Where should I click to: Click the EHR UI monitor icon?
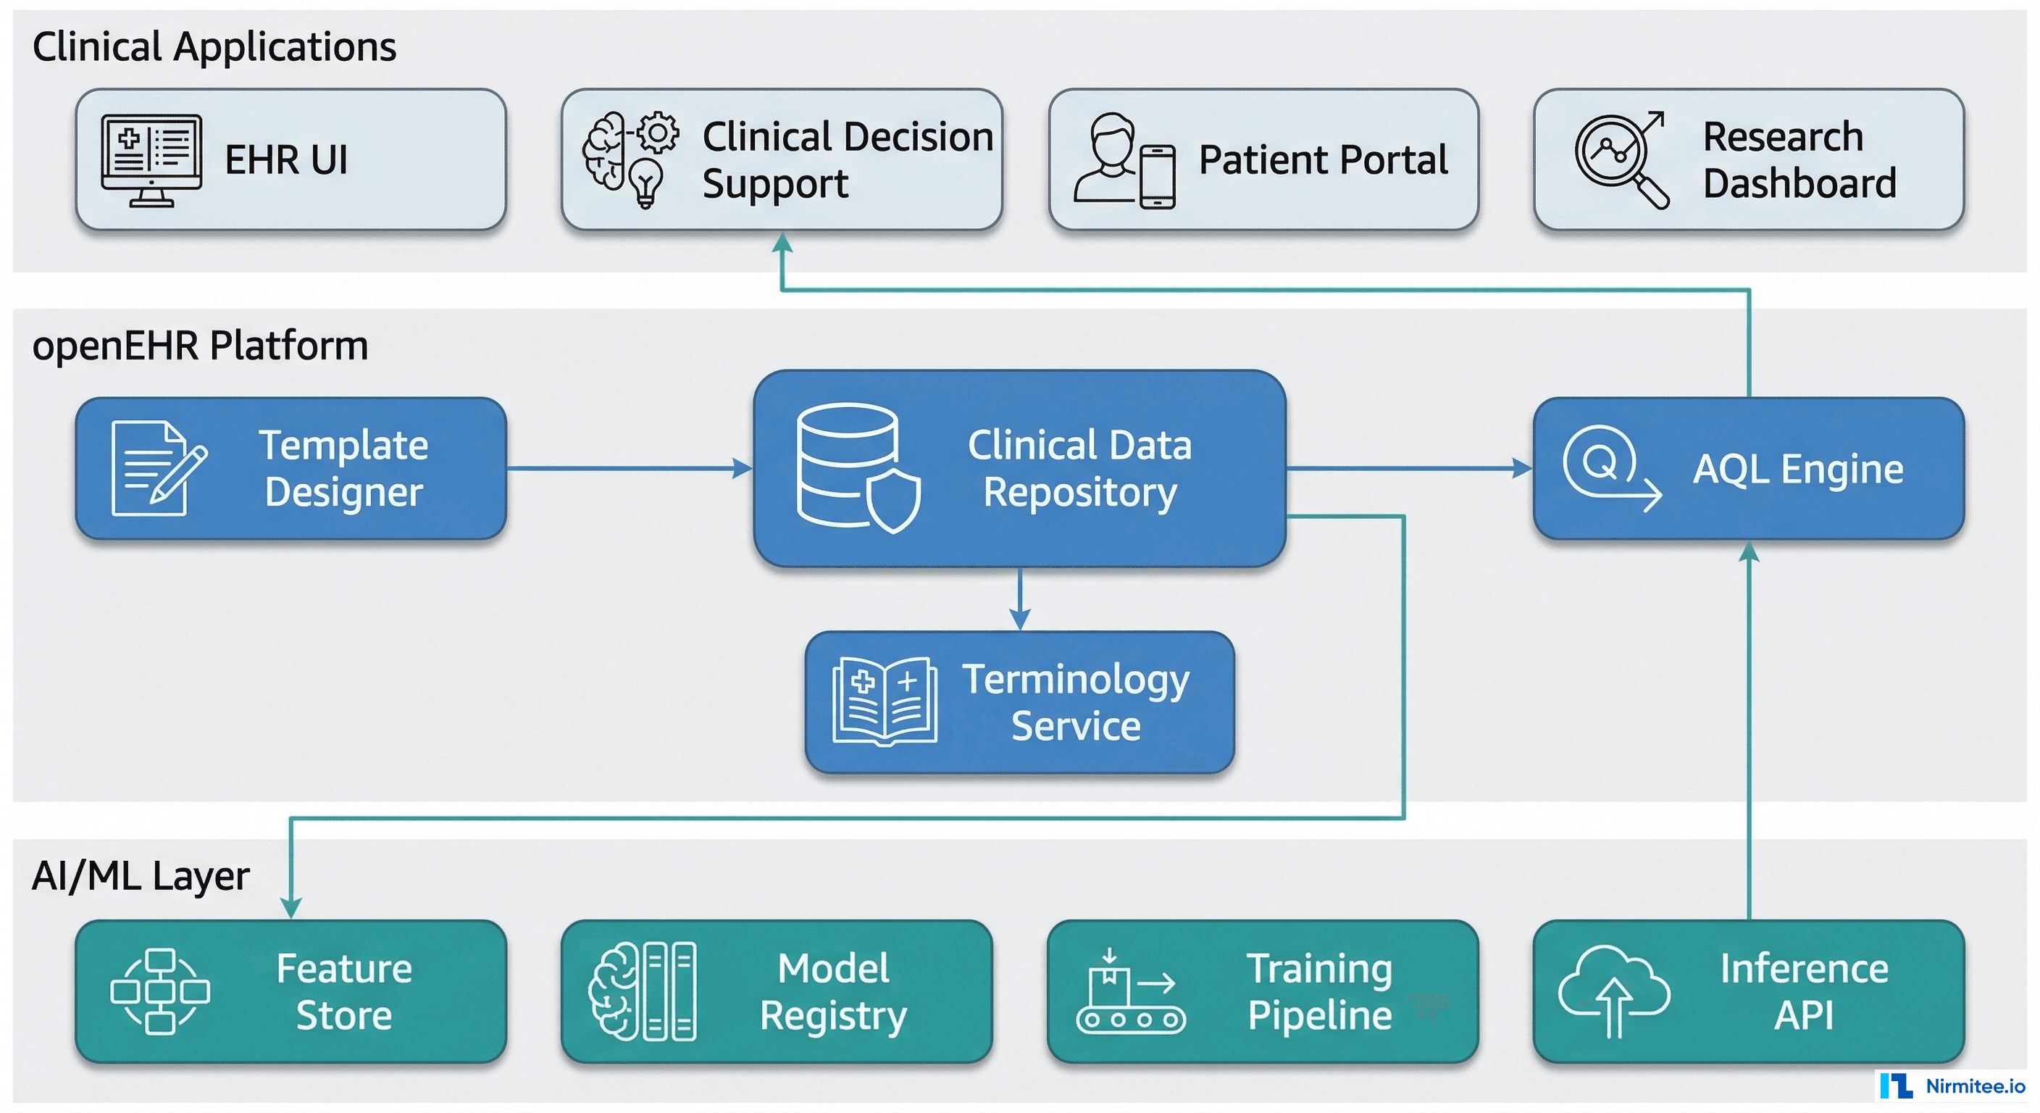(151, 161)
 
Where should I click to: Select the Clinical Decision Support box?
(782, 159)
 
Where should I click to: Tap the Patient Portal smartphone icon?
(1157, 178)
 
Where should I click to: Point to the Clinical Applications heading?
(214, 47)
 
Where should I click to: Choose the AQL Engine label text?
(1797, 469)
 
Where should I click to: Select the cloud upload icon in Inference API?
(1614, 991)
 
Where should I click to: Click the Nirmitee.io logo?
(1952, 1086)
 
